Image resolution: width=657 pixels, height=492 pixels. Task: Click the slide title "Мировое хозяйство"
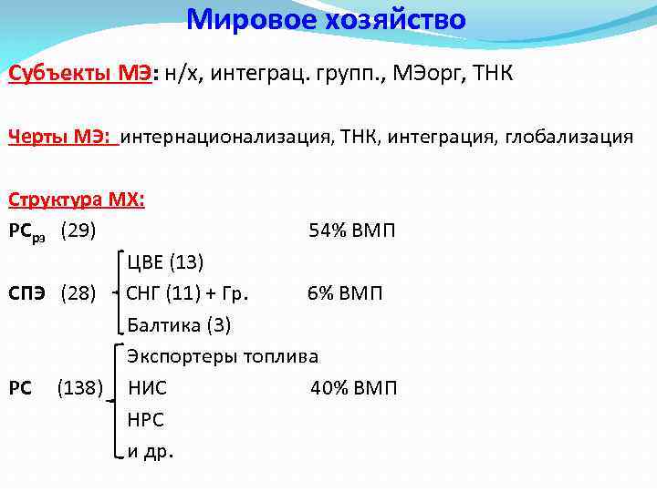(x=326, y=19)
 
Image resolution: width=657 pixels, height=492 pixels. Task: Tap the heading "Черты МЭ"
(x=61, y=137)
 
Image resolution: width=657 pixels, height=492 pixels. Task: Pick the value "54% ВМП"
(x=352, y=231)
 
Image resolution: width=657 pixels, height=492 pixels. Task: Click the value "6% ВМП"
(x=345, y=293)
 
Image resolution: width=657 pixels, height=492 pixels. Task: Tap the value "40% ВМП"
(x=354, y=388)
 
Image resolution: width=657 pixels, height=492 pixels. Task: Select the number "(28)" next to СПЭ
(x=78, y=293)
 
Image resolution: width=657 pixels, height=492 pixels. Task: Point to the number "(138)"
(x=80, y=388)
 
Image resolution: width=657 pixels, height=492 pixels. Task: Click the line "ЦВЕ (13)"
(x=165, y=262)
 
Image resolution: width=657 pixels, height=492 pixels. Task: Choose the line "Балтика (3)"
(x=180, y=325)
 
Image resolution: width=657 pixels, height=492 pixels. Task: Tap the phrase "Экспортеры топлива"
(x=223, y=356)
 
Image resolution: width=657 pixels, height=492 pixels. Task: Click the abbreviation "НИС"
(x=148, y=388)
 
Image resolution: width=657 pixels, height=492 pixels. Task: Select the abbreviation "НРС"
(x=146, y=420)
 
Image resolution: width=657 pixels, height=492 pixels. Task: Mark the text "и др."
(x=151, y=451)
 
